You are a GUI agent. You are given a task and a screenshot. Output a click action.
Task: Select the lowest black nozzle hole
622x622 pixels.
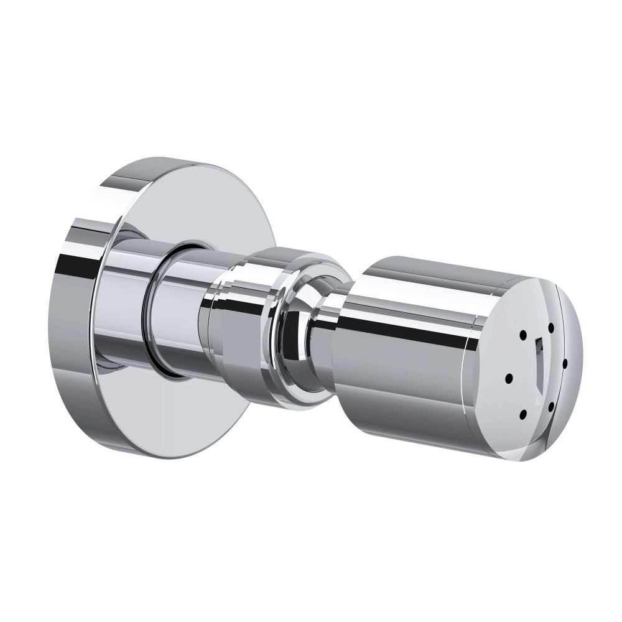point(523,413)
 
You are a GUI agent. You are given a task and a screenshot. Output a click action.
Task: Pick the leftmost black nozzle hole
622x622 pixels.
point(509,378)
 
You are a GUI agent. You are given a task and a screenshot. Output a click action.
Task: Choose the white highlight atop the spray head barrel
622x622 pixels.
point(423,274)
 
